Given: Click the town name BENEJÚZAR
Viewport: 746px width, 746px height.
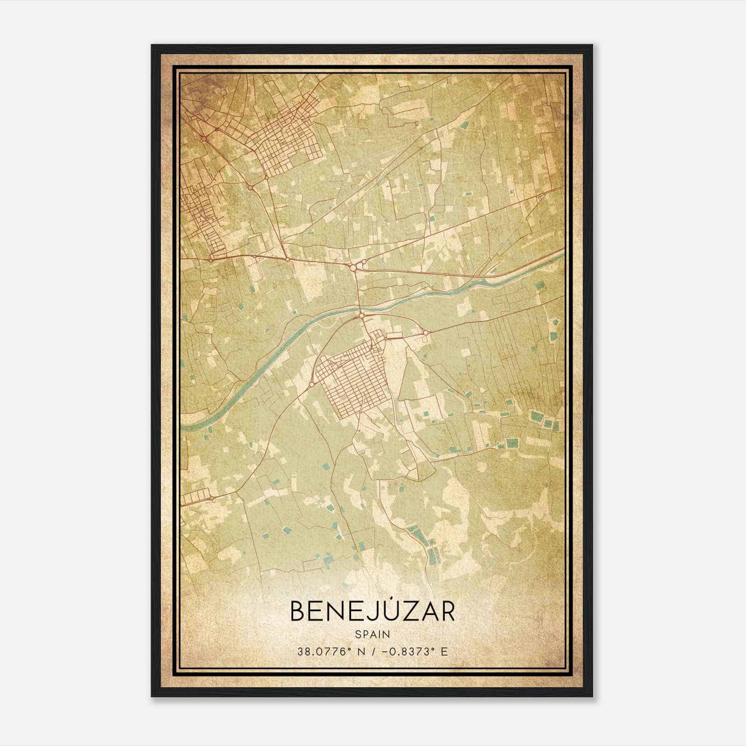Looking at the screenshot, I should (372, 611).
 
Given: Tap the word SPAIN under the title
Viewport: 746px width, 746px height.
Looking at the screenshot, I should (372, 634).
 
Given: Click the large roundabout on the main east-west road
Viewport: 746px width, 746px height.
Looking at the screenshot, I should (354, 267).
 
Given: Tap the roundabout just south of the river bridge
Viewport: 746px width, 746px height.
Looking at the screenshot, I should (361, 316).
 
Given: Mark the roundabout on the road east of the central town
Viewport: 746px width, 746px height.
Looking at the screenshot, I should (425, 332).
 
